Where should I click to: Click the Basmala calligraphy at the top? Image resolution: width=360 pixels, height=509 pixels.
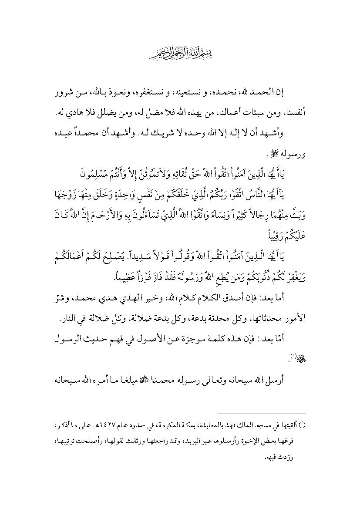click(x=179, y=54)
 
